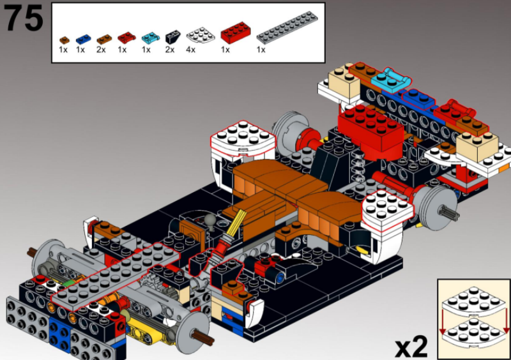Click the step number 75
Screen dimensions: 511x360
(24, 19)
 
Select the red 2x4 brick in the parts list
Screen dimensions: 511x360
(235, 33)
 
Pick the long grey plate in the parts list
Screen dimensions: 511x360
(287, 27)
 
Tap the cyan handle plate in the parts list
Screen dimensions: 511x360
(151, 38)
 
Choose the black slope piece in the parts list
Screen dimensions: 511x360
(172, 37)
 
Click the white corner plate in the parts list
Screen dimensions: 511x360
(201, 34)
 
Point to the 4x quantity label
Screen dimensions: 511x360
(190, 50)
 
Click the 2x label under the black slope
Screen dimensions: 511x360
(170, 50)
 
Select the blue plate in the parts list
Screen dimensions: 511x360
(83, 39)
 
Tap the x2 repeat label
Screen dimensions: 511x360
(411, 347)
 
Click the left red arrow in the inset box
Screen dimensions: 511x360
(442, 322)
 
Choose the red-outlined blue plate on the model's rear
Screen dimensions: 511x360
(419, 98)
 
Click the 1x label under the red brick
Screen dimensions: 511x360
(225, 50)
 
